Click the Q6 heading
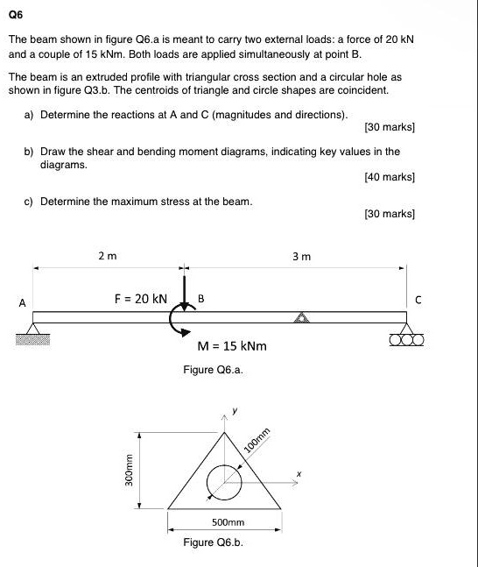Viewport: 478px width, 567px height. (x=16, y=14)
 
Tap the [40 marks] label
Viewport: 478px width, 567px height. (x=388, y=176)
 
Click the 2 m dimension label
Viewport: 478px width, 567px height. (x=107, y=256)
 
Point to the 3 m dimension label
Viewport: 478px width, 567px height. (x=300, y=256)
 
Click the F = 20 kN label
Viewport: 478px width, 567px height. (x=140, y=298)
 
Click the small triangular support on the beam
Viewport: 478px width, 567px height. (x=302, y=317)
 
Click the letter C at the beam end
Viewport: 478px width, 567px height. (x=418, y=298)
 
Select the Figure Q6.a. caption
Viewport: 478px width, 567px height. (x=213, y=371)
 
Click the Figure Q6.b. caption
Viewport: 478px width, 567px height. (x=213, y=542)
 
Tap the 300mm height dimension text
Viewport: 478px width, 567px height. (x=130, y=474)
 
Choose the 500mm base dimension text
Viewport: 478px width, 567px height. (x=228, y=522)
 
